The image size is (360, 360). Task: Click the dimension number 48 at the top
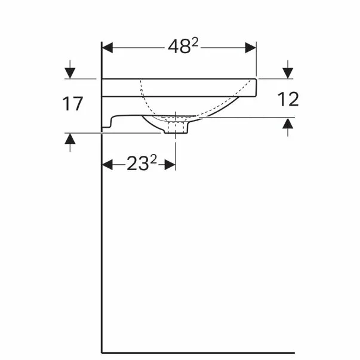coord(179,47)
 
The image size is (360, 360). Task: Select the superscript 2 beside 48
coord(195,42)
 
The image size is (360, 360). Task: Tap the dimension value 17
coord(73,104)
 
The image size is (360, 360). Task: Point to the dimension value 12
coord(288,99)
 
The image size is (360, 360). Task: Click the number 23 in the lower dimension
coord(137,164)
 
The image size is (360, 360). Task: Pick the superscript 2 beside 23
coord(153,159)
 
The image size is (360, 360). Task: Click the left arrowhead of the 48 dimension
coord(107,48)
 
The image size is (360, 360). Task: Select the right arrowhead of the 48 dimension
coord(251,48)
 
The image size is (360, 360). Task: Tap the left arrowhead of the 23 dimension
coord(107,165)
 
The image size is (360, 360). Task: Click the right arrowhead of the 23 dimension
coord(170,165)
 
